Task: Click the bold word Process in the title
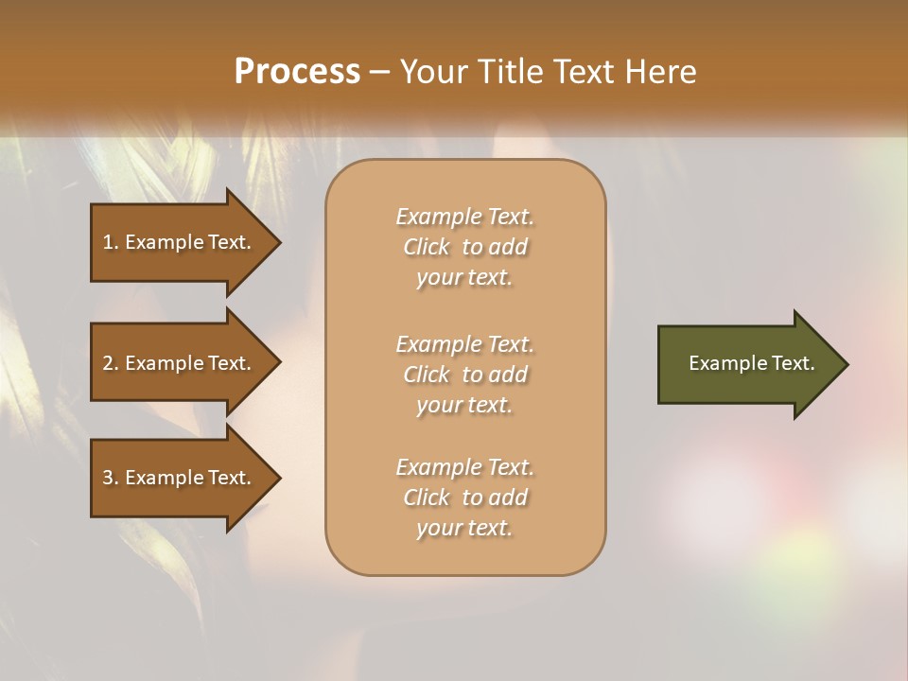coord(297,72)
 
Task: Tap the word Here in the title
coord(660,72)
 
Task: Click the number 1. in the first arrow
coord(111,242)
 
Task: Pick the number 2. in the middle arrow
coord(111,363)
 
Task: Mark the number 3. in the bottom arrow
coord(111,478)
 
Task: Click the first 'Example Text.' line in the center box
coord(464,217)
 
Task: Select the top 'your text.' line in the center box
coord(464,278)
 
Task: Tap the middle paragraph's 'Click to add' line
coord(464,375)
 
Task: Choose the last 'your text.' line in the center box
coord(464,529)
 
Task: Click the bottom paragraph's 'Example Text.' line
coord(464,467)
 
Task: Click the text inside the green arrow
coord(752,363)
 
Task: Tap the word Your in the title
coord(434,72)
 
